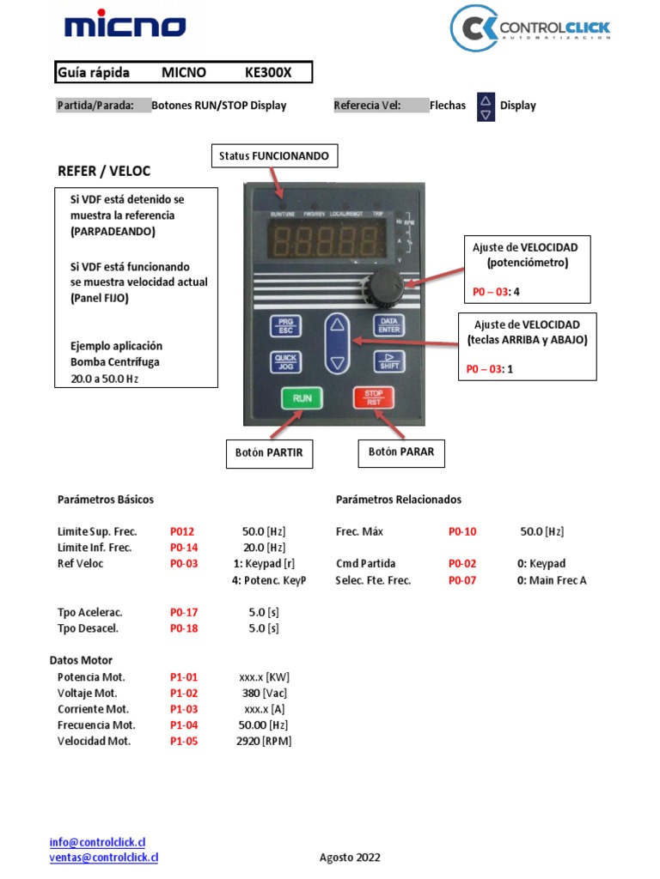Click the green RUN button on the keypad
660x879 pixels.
click(x=302, y=398)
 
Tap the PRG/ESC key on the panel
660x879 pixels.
click(x=284, y=326)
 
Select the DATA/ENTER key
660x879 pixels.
click(x=388, y=325)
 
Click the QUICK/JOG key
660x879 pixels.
click(x=284, y=362)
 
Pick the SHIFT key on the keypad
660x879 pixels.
click(x=388, y=361)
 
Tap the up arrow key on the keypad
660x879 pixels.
click(x=337, y=325)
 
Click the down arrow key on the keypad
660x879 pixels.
click(x=337, y=363)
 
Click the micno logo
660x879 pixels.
click(x=125, y=27)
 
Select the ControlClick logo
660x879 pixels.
click(x=531, y=30)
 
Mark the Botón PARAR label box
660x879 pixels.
click(x=401, y=452)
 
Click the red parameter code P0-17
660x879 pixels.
click(x=184, y=612)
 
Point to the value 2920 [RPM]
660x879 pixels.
click(x=264, y=741)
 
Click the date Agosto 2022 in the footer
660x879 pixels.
click(x=350, y=858)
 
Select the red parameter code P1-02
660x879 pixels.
click(x=184, y=693)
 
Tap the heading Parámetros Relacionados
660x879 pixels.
click(x=399, y=500)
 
